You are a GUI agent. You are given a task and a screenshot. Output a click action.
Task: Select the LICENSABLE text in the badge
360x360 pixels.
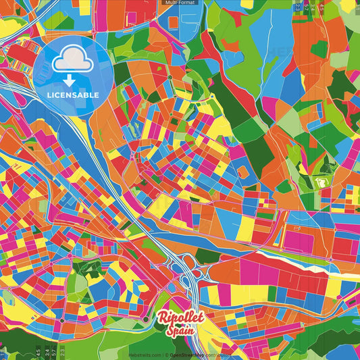coord(73,95)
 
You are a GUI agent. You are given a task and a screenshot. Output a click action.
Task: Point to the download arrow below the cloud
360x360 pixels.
coord(72,80)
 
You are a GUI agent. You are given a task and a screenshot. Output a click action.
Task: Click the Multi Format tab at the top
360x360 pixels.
coord(180,3)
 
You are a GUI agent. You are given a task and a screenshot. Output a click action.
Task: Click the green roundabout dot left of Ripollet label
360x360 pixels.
coord(146,319)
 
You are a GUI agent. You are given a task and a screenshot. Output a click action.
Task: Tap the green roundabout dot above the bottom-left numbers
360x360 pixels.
coord(61,319)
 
